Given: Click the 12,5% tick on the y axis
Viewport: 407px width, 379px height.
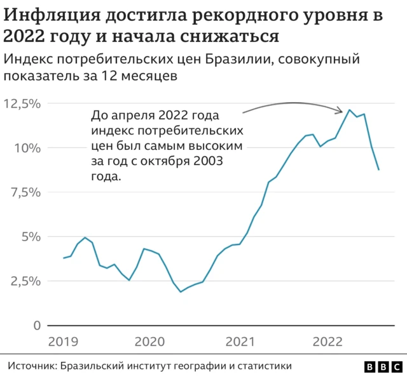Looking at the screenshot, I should coord(23,103).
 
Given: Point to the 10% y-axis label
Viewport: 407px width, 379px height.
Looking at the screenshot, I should coord(28,148).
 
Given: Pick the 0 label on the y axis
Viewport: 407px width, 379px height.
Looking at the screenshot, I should coord(38,326).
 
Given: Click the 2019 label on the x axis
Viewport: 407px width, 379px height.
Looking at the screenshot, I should coord(63,340).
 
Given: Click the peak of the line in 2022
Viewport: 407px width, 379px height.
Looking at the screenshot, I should coord(350,110).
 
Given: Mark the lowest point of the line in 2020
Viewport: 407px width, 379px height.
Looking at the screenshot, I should coord(181,292).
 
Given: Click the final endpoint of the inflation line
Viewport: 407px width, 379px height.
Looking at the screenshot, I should coord(379,170).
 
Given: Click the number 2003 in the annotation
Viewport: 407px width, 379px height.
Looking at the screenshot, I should coord(209,161).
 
